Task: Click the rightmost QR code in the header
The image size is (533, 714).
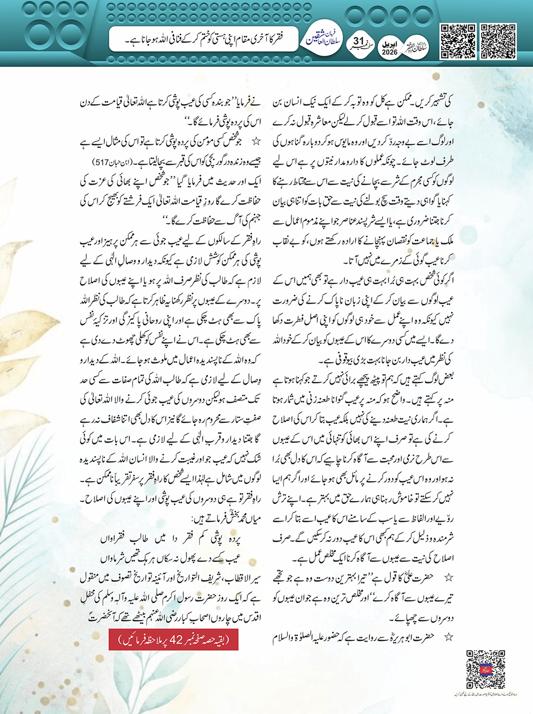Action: point(498,41)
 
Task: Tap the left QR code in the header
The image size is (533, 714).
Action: point(458,41)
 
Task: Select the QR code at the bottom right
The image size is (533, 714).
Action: point(485,669)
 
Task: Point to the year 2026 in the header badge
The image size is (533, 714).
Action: point(389,52)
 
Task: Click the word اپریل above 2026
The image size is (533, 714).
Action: point(389,44)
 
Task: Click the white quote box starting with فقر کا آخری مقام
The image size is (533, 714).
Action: point(203,39)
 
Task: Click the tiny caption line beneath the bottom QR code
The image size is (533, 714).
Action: point(485,694)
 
